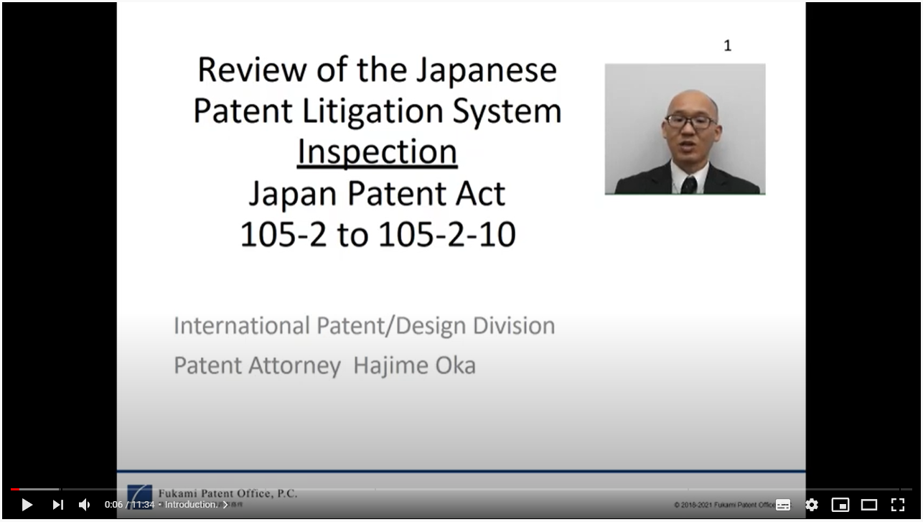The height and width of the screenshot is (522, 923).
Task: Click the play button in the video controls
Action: [x=27, y=505]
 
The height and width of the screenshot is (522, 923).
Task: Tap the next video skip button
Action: [x=57, y=505]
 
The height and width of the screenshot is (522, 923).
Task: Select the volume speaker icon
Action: [x=85, y=505]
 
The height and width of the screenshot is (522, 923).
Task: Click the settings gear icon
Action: [x=812, y=505]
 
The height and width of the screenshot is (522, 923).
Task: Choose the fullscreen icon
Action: [x=898, y=505]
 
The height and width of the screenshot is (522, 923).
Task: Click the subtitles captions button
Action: [x=783, y=505]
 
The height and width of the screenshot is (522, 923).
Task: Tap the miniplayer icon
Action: [x=840, y=505]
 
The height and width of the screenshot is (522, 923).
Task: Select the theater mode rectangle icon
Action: [x=869, y=505]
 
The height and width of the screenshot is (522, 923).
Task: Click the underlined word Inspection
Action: [x=377, y=152]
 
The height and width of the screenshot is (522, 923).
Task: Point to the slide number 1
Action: [x=727, y=46]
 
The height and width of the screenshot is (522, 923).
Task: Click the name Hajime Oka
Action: [x=414, y=365]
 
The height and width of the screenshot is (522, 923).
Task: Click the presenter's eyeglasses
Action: [x=690, y=121]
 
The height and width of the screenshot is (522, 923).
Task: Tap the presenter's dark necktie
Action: [x=689, y=185]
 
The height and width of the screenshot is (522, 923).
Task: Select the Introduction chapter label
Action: [x=191, y=505]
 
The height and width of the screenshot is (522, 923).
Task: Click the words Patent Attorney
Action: [x=257, y=365]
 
